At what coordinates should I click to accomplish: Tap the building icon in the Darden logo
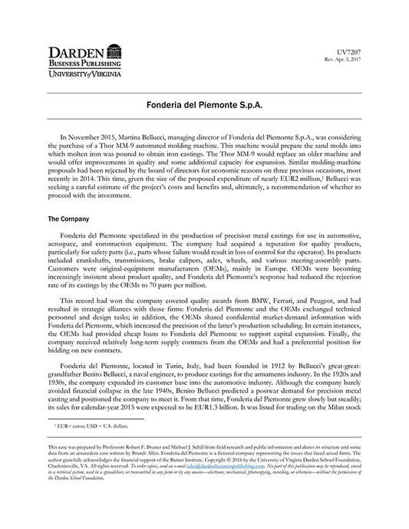point(114,53)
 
